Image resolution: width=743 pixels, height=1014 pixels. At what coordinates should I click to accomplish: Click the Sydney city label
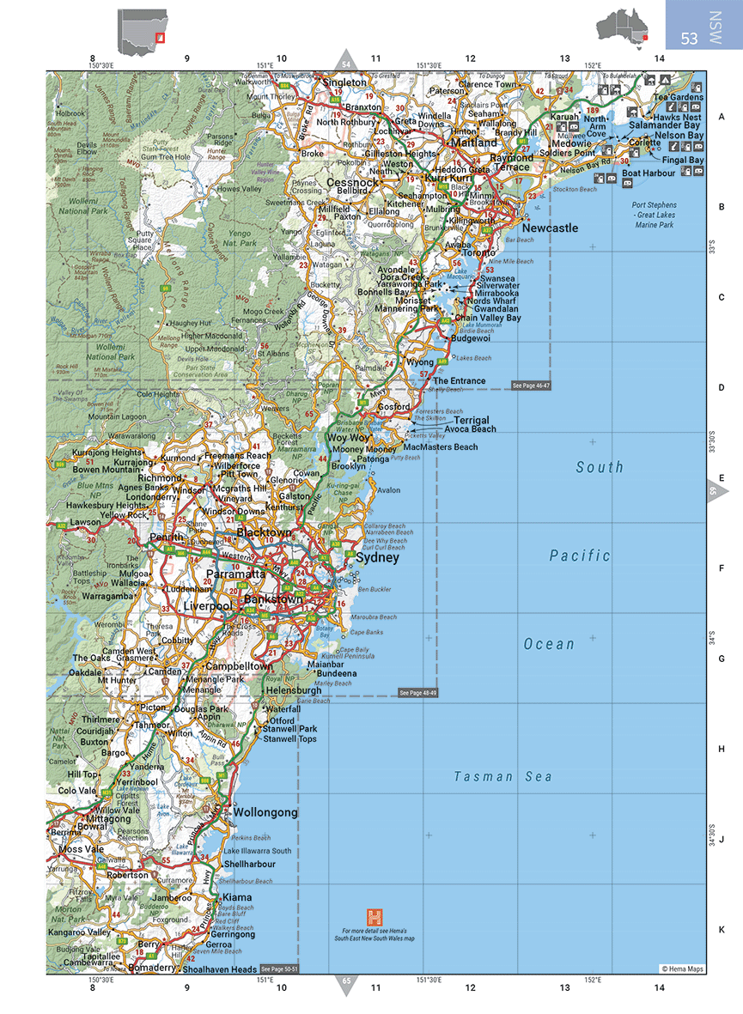[x=377, y=557]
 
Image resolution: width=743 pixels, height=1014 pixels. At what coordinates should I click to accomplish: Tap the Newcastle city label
[x=550, y=228]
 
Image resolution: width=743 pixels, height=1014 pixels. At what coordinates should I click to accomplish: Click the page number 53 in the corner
[x=689, y=39]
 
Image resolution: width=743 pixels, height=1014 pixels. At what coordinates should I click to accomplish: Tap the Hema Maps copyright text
[x=682, y=968]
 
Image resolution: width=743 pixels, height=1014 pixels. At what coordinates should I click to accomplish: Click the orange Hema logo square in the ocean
[x=374, y=916]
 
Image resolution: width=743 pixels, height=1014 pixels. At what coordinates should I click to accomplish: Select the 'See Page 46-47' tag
[x=531, y=386]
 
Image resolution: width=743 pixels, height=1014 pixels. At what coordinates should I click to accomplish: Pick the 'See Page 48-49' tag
[x=418, y=692]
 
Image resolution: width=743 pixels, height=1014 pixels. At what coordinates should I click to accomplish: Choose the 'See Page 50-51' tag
[x=279, y=969]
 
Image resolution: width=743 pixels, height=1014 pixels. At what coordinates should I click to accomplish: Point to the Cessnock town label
[x=351, y=183]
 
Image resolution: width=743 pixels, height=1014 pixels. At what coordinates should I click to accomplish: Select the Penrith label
[x=161, y=538]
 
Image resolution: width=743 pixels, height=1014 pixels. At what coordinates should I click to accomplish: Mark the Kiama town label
[x=238, y=897]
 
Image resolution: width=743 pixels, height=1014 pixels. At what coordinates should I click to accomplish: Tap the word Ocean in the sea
[x=550, y=644]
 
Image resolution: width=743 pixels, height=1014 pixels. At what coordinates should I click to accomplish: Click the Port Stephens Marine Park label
[x=654, y=216]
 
